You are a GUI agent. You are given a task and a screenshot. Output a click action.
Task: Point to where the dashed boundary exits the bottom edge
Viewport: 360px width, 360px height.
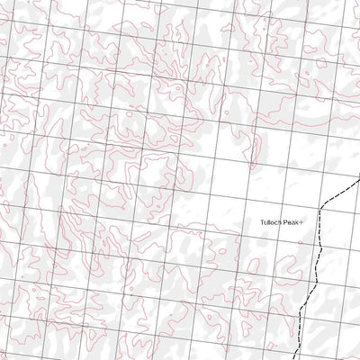pos(297,359)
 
